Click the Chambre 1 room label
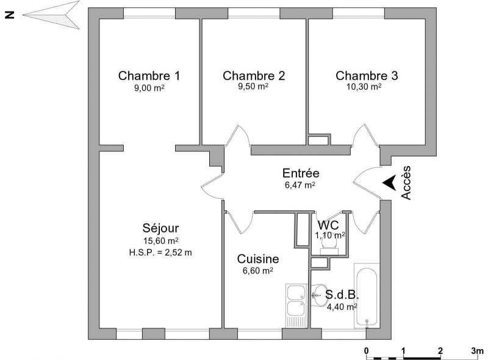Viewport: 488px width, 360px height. point(149,76)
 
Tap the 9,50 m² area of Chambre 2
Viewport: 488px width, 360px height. point(253,86)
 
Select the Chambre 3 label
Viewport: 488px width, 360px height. point(367,76)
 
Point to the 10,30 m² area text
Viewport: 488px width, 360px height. point(364,87)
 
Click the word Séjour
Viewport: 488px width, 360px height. point(160,228)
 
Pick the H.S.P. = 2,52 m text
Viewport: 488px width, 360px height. point(160,252)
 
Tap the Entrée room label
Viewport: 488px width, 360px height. point(301,173)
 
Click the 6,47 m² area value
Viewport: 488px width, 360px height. point(300,185)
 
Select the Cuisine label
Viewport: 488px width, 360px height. point(258,259)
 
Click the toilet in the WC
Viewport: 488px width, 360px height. point(329,247)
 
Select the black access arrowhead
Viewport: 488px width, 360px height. point(389,183)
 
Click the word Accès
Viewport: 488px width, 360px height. point(406,182)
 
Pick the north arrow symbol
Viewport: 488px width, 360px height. point(51,15)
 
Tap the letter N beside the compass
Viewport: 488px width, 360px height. point(10,15)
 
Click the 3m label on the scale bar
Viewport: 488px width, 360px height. point(477,351)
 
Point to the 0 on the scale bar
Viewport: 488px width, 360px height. point(367,351)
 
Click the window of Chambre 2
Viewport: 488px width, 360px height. point(254,13)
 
